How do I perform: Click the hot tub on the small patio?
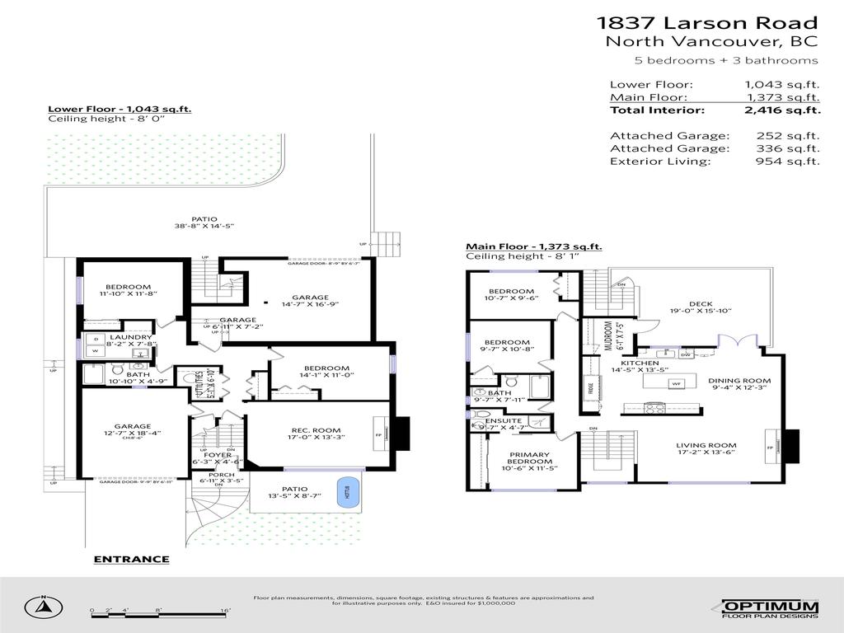pyautogui.click(x=343, y=492)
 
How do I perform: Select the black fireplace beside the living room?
pyautogui.click(x=790, y=446)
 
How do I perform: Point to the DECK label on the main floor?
pyautogui.click(x=701, y=302)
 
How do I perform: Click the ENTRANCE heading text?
pyautogui.click(x=131, y=560)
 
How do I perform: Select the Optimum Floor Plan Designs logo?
pyautogui.click(x=770, y=608)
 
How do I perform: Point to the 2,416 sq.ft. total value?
pyautogui.click(x=782, y=110)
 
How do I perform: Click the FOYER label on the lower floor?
pyautogui.click(x=218, y=454)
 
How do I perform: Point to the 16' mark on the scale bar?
pyautogui.click(x=225, y=610)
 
